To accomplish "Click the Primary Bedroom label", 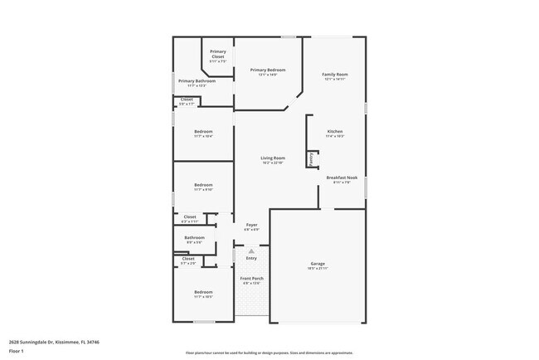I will tap(268, 70).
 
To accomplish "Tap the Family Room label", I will tap(335, 75).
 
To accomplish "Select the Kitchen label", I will tap(335, 132).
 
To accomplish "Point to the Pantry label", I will tap(311, 158).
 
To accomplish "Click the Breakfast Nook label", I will tap(342, 178).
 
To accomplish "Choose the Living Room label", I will tap(273, 158).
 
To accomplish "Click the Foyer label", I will tap(251, 225).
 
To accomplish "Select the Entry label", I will tap(251, 258).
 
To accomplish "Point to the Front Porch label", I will tap(252, 278).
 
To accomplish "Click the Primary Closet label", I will tap(218, 54).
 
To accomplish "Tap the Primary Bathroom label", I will tap(197, 80).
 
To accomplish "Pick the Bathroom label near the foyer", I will tap(195, 237).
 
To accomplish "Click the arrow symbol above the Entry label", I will tap(251, 251).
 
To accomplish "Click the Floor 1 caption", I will tap(16, 351).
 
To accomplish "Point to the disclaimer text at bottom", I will tap(269, 352).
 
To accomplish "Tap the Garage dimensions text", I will tap(318, 269).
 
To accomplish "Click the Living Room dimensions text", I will tap(273, 163).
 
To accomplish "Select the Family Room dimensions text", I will tap(335, 80).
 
